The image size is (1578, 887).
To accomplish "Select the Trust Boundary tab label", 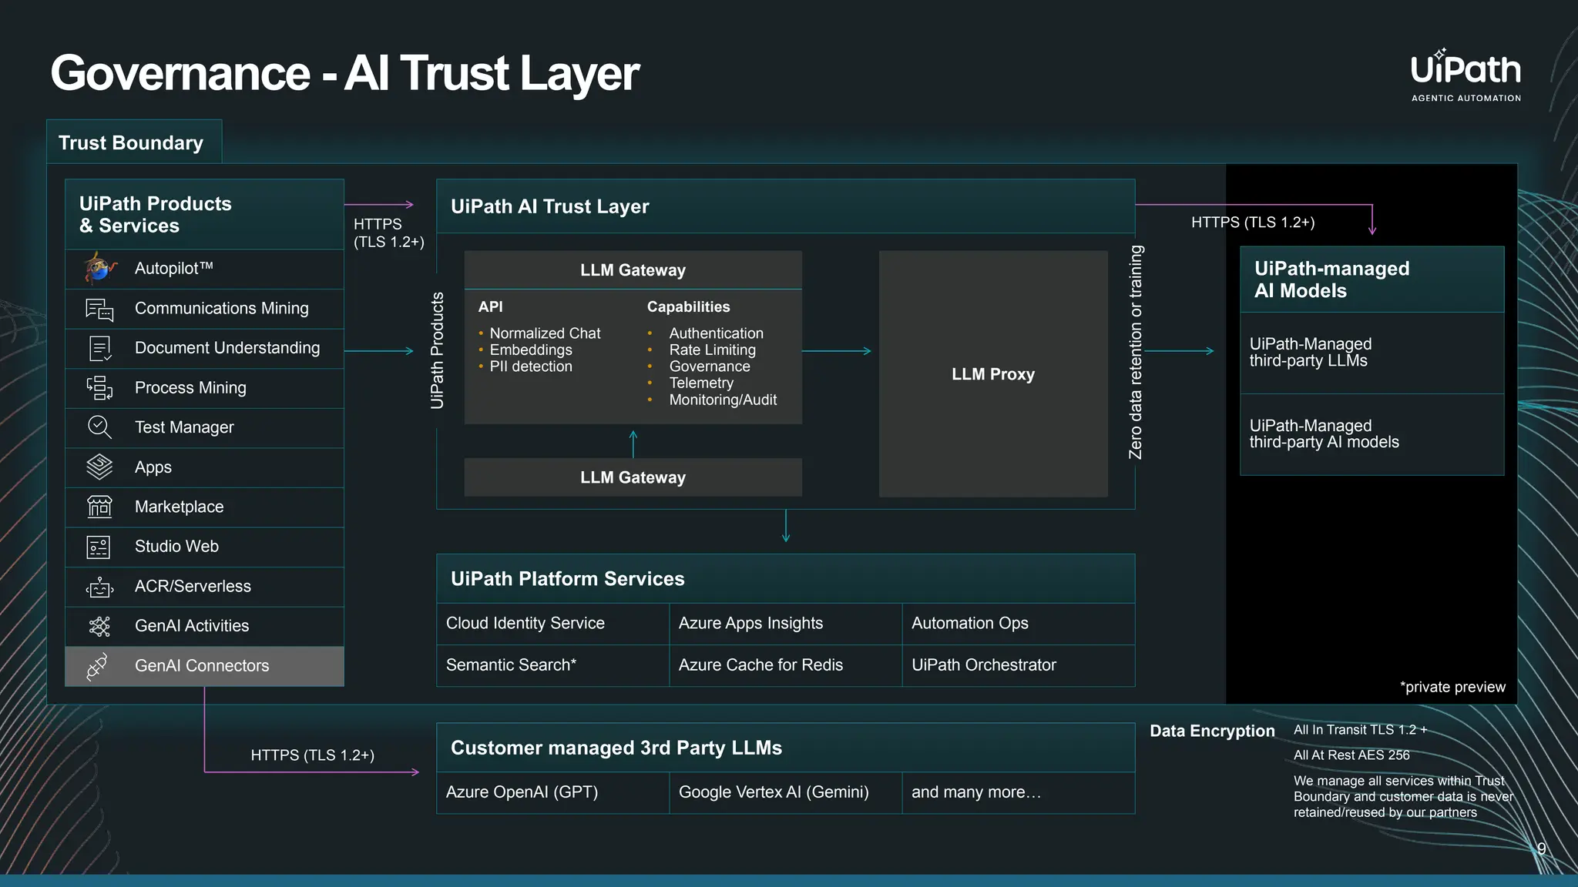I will click(x=131, y=143).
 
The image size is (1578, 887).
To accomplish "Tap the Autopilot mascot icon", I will click(x=99, y=268).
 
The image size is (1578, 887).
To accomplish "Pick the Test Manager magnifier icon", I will click(x=99, y=427).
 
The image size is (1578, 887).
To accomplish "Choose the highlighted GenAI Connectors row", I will click(x=204, y=666).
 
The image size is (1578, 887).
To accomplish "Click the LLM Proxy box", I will click(x=992, y=374).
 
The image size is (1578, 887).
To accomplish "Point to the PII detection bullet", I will click(x=530, y=367).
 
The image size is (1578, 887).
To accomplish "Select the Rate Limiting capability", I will click(x=712, y=350).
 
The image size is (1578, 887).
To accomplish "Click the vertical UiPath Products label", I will click(x=438, y=350).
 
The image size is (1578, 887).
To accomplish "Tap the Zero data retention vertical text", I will click(x=1135, y=352).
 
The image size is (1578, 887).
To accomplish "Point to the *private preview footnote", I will click(x=1452, y=687).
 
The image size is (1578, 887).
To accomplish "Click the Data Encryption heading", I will click(x=1211, y=731).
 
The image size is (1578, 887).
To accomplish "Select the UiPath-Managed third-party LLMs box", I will click(x=1371, y=353).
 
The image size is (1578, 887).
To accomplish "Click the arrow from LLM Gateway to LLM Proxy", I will click(x=837, y=351).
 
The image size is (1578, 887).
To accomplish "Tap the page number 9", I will click(x=1541, y=849).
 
